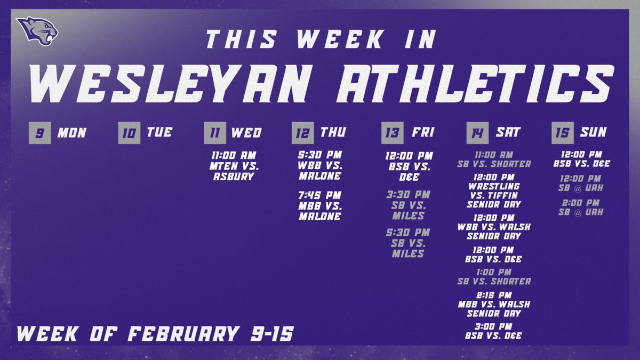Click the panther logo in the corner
[36, 31]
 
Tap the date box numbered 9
[39, 133]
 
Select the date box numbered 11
[214, 133]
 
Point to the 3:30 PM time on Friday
[407, 195]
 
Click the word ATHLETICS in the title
[476, 84]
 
